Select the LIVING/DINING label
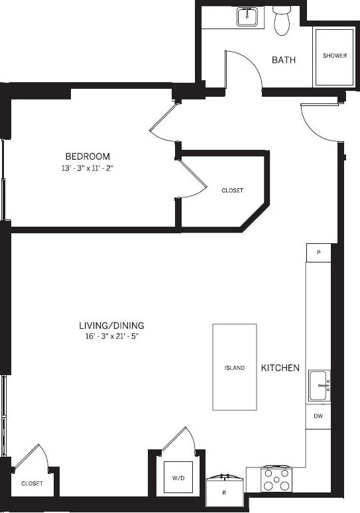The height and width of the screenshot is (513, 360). pyautogui.click(x=111, y=325)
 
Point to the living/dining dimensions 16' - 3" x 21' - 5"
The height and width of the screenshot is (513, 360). pyautogui.click(x=111, y=337)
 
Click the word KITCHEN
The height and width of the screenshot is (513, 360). pyautogui.click(x=280, y=368)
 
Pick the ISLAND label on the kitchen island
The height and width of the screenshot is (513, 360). pyautogui.click(x=234, y=368)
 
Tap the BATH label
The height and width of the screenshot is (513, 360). pyautogui.click(x=283, y=60)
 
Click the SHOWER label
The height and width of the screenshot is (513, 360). pyautogui.click(x=335, y=56)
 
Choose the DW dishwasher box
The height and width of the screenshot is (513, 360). pyautogui.click(x=318, y=416)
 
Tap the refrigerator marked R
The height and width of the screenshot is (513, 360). pyautogui.click(x=223, y=492)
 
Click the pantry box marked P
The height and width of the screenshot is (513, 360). pyautogui.click(x=318, y=253)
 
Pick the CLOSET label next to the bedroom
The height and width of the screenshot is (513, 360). pyautogui.click(x=232, y=190)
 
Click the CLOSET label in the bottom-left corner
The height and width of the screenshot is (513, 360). pyautogui.click(x=32, y=484)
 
